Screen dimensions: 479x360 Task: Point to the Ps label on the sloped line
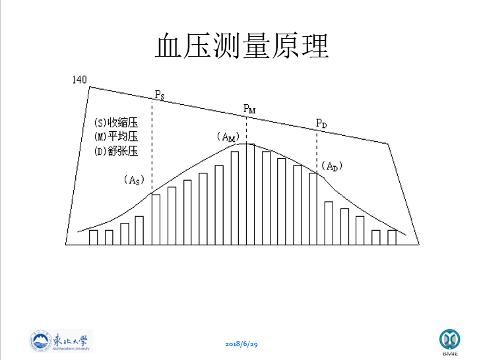pos(159,94)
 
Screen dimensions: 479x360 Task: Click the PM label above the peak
pos(249,108)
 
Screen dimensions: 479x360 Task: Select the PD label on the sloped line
pos(321,123)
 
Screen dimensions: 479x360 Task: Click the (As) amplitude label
pos(133,179)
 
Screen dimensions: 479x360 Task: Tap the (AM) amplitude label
pos(227,137)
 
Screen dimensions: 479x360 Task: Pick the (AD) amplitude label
pos(332,167)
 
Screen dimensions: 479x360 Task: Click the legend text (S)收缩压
pos(116,123)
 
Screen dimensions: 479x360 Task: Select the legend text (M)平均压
pos(116,136)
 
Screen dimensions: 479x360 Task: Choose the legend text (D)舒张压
pos(116,151)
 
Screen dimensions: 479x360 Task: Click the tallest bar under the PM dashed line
pos(249,194)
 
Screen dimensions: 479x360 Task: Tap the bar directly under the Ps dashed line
pos(156,219)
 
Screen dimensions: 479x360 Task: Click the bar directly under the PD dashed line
pos(313,208)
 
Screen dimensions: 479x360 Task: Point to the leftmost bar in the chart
pos(93,237)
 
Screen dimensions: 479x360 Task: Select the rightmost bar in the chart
pos(392,237)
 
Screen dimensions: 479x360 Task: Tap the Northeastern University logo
pos(61,340)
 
